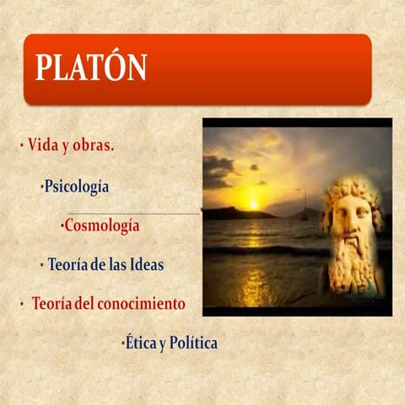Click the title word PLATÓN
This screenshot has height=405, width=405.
tap(91, 67)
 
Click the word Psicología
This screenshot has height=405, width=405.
tap(77, 186)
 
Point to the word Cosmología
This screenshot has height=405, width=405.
tap(101, 226)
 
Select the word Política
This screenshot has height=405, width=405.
tap(193, 343)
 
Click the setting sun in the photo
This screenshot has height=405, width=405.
tap(253, 202)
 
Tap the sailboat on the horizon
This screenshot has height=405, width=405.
tap(305, 207)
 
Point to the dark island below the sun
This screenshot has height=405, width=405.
tap(236, 213)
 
